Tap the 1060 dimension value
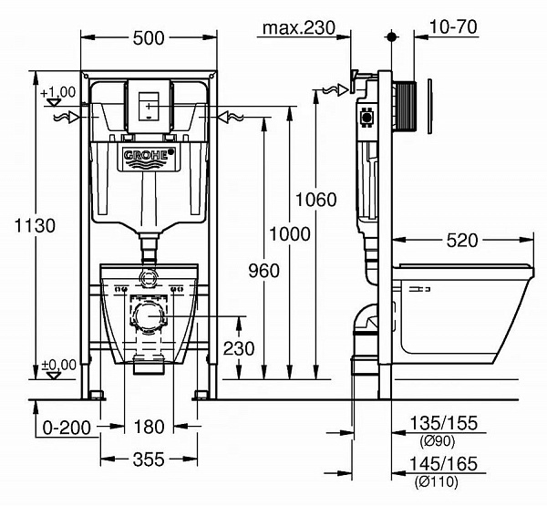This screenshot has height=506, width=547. [315, 200]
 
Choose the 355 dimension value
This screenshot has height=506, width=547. [150, 459]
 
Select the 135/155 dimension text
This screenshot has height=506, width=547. [444, 424]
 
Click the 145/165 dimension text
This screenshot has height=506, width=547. [444, 464]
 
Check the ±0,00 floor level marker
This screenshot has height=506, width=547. [57, 365]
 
